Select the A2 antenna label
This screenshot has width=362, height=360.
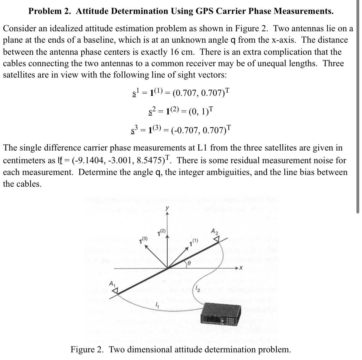pyautogui.click(x=214, y=231)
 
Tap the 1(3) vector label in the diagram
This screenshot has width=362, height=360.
pyautogui.click(x=144, y=239)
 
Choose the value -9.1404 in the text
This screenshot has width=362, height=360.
pyautogui.click(x=83, y=161)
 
